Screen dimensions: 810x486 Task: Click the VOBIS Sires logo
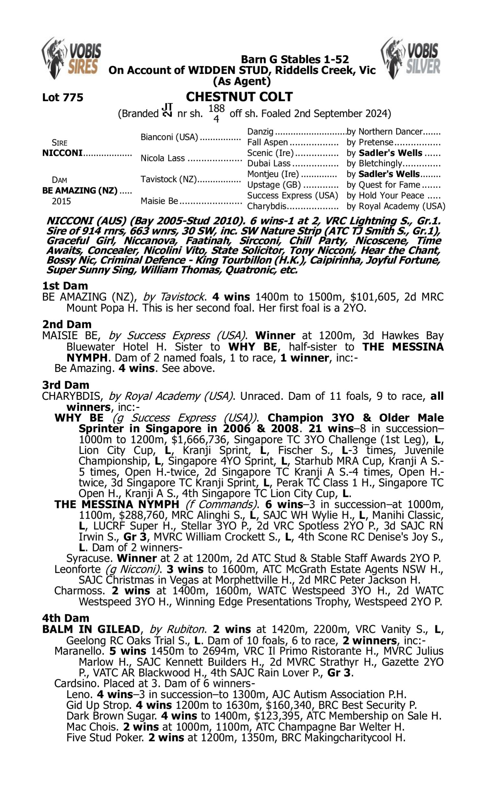[71, 58]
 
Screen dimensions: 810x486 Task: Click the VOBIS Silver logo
[411, 58]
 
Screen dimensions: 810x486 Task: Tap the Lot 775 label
[63, 97]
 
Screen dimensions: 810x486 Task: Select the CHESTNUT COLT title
[239, 97]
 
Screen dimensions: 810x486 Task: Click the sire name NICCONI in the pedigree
[62, 153]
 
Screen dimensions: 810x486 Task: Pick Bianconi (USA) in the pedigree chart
[169, 137]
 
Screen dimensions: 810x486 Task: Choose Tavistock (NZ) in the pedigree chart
[169, 179]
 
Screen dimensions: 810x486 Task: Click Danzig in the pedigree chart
[260, 132]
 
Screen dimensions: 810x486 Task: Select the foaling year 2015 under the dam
[61, 201]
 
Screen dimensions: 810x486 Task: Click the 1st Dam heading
[65, 286]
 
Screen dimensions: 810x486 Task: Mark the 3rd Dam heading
[65, 385]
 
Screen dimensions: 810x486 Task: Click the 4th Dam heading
[65, 618]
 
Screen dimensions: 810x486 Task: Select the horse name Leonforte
[77, 569]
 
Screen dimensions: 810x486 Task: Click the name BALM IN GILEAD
[91, 629]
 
